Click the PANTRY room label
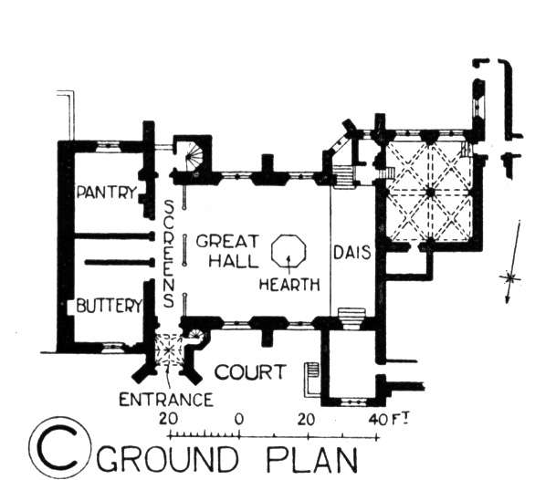tap(107, 193)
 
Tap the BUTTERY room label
tap(110, 305)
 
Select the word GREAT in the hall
tap(227, 241)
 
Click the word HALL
tap(234, 261)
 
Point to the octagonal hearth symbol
tap(288, 251)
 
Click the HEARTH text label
tap(289, 284)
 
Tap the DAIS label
tap(351, 253)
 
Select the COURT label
tap(250, 371)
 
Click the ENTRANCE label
tap(166, 400)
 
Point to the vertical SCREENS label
tap(169, 254)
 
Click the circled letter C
tap(59, 447)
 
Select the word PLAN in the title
tap(311, 458)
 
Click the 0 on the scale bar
tap(239, 419)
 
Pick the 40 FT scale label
tap(389, 419)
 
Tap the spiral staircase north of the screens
tap(194, 155)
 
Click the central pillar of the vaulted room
tap(431, 193)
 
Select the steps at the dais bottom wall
tap(351, 318)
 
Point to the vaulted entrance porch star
tap(169, 350)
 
